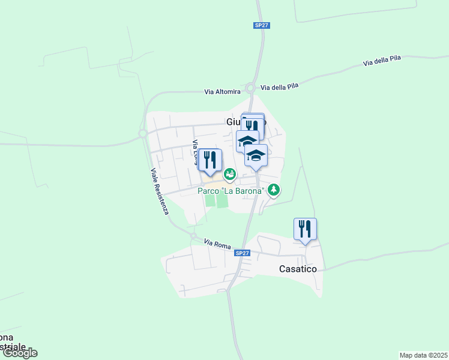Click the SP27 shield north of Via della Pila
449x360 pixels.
pyautogui.click(x=261, y=25)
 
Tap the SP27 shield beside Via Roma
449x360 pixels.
pyautogui.click(x=242, y=254)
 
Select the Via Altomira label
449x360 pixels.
pyautogui.click(x=222, y=92)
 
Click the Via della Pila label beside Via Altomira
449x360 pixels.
pyautogui.click(x=280, y=87)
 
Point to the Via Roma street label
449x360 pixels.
pyautogui.click(x=217, y=243)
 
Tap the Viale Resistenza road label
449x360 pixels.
pyautogui.click(x=160, y=191)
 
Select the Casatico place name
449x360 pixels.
pyautogui.click(x=298, y=269)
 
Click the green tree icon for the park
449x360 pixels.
pyautogui.click(x=274, y=190)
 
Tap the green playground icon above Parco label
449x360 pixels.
pyautogui.click(x=229, y=175)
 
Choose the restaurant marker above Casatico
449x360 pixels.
pyautogui.click(x=305, y=229)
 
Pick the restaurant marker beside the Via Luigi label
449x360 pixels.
pyautogui.click(x=210, y=160)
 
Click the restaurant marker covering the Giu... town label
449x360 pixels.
pyautogui.click(x=253, y=127)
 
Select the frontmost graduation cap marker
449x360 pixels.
pyautogui.click(x=256, y=157)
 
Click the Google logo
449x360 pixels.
pyautogui.click(x=19, y=353)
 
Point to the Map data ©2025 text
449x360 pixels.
pyautogui.click(x=424, y=355)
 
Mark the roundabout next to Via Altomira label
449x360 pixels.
pyautogui.click(x=250, y=88)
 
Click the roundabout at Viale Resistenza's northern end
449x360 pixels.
pyautogui.click(x=143, y=134)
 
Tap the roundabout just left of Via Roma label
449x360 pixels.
pyautogui.click(x=194, y=236)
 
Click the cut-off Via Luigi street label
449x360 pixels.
pyautogui.click(x=195, y=152)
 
